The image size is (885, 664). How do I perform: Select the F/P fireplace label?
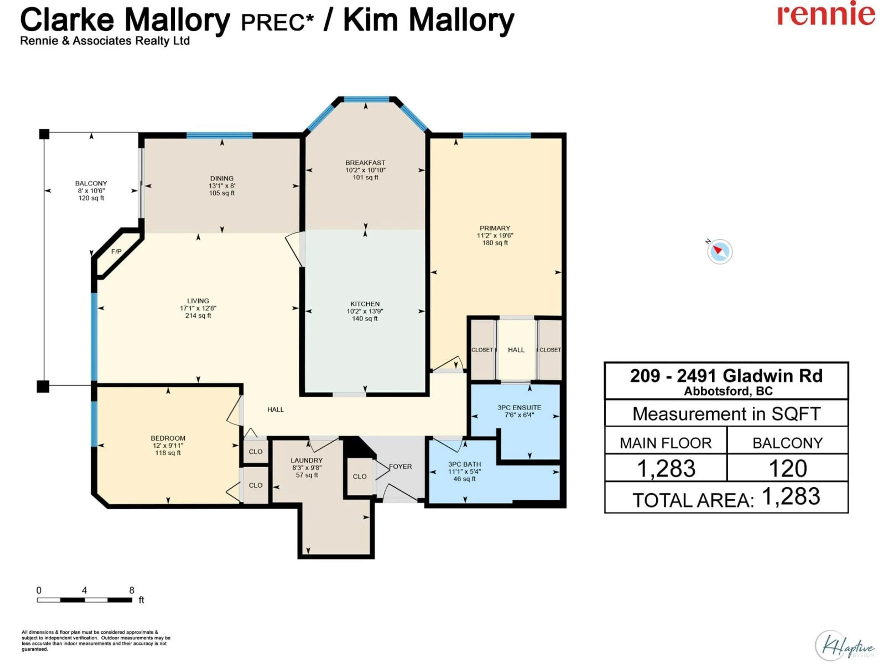tap(116, 251)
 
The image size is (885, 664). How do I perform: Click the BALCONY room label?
tap(91, 183)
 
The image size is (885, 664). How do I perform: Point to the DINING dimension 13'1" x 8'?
tap(222, 186)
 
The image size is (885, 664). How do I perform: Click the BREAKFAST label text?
tap(365, 163)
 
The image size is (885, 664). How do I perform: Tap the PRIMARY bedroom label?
tap(495, 228)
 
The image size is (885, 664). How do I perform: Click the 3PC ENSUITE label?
tap(519, 407)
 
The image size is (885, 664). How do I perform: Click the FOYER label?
tap(401, 466)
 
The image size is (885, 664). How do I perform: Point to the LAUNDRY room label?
tap(307, 460)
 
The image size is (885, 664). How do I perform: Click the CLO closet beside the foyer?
tap(359, 476)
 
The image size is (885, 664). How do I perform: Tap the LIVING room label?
tap(198, 301)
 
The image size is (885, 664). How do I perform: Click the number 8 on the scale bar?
tap(132, 590)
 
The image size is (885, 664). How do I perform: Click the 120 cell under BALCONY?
tap(787, 468)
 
